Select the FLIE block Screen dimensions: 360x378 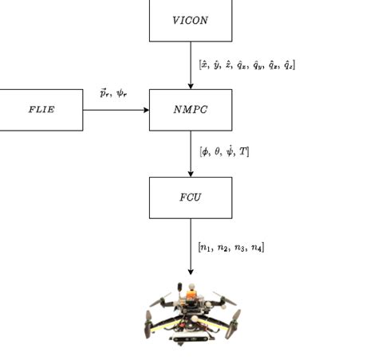point(41,110)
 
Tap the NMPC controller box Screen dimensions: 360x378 point(191,110)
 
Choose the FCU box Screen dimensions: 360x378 point(191,197)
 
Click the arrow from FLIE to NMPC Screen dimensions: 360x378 point(116,110)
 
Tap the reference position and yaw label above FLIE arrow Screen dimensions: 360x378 point(113,93)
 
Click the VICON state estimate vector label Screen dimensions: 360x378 point(247,65)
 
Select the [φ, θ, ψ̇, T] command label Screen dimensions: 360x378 point(224,151)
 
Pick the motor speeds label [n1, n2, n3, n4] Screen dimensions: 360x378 point(231,247)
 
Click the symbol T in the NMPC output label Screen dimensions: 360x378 point(243,151)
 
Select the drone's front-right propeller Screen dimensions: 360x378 point(234,325)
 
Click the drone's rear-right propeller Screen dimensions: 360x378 point(221,300)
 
